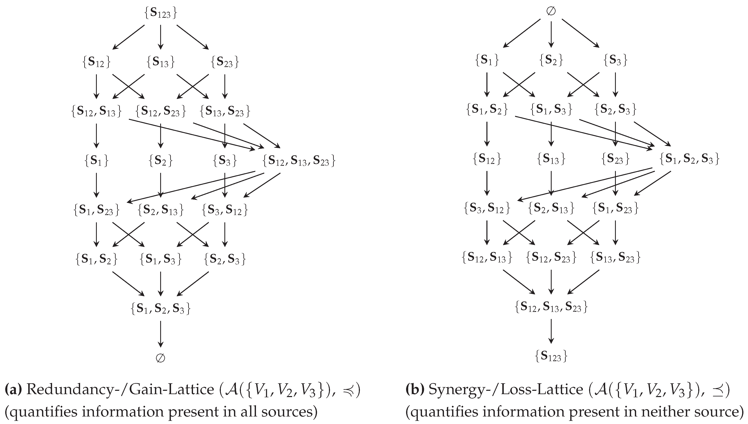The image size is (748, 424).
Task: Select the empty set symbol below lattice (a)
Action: (x=160, y=358)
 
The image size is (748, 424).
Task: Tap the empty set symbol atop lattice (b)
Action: (x=551, y=11)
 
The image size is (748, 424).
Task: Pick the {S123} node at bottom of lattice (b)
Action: (x=551, y=356)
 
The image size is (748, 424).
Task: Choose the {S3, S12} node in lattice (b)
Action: (x=487, y=208)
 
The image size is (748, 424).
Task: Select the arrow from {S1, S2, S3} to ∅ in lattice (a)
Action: (x=160, y=333)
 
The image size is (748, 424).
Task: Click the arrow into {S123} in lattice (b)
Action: (x=551, y=331)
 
